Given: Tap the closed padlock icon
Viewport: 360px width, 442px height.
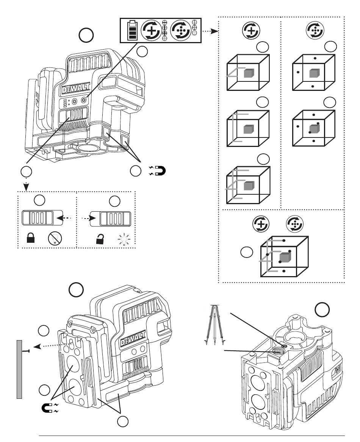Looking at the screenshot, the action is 30,238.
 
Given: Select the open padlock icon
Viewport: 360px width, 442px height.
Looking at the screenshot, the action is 100,239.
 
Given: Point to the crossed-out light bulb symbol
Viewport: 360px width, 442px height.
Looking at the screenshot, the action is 55,238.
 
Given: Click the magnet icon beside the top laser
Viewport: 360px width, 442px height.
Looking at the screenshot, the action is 157,171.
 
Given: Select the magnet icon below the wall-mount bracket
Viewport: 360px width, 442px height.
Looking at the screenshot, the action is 50,408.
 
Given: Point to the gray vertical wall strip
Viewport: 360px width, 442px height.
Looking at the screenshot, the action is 19,369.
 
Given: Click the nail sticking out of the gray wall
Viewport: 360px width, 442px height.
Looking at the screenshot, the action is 26,351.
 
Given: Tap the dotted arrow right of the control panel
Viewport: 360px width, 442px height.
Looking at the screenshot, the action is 210,31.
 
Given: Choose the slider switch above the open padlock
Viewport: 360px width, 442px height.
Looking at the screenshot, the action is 110,219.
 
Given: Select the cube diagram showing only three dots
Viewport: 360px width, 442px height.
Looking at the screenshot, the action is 313,72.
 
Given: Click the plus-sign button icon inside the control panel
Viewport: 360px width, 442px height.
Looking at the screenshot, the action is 152,30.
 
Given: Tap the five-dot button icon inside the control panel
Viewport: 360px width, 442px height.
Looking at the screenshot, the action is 181,30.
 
